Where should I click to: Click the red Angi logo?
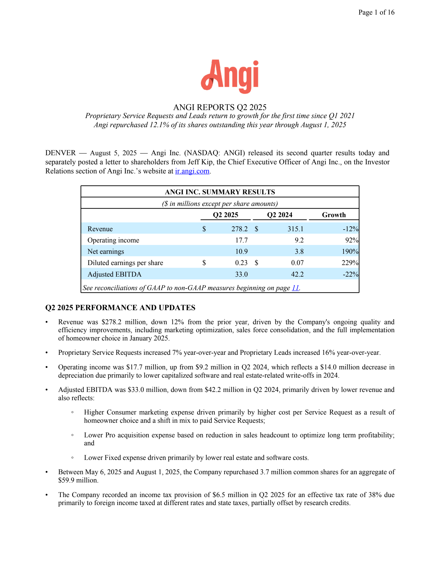tap(230, 76)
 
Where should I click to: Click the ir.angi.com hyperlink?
tap(192, 171)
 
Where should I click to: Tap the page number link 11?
tap(295, 288)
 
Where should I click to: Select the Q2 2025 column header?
tap(226, 215)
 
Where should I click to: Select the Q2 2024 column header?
tap(279, 215)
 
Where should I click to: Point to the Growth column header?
tap(334, 215)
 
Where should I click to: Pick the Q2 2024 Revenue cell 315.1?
tap(295, 229)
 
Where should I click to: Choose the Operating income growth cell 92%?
tap(352, 240)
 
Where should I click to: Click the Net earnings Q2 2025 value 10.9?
tap(241, 252)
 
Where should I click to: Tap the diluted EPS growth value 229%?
tap(350, 263)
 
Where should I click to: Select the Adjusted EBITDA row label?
tap(114, 274)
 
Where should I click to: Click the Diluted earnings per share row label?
tap(125, 263)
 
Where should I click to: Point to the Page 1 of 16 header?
tap(376, 12)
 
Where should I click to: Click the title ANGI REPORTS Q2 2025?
tap(220, 107)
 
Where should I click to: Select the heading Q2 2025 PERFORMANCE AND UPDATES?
tap(120, 308)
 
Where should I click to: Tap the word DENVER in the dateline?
tap(61, 153)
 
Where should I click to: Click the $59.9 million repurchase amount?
tap(78, 480)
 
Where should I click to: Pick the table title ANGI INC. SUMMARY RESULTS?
tap(220, 192)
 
